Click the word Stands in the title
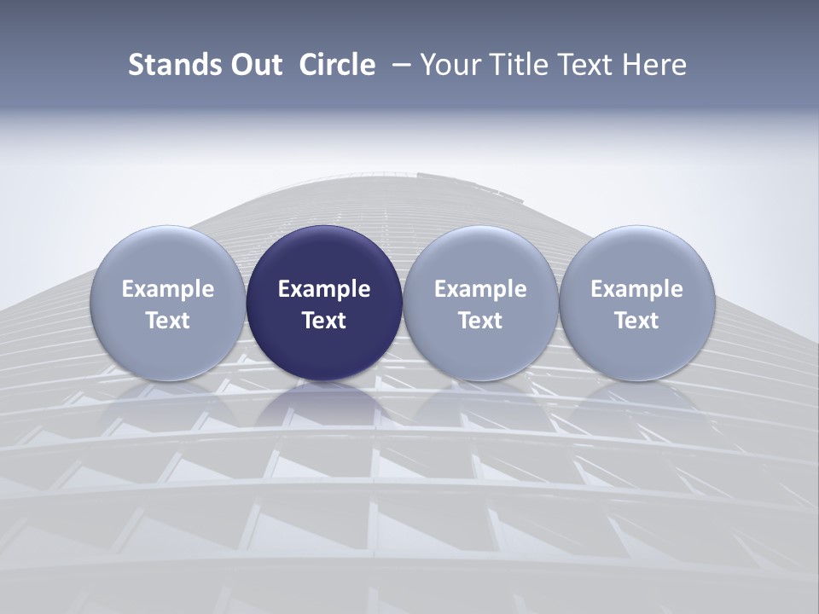coord(169,65)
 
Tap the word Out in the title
coord(254,65)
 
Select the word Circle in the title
coord(337,65)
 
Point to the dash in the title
coord(398,65)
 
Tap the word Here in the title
coord(655,65)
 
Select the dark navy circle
coord(324,256)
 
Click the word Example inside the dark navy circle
coord(324,289)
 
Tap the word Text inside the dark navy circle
coord(324,321)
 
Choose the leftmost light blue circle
coord(168,256)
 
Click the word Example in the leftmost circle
coord(168,289)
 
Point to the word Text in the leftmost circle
coord(168,321)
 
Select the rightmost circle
coord(637,256)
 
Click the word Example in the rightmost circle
coord(637,289)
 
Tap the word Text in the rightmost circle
coord(637,321)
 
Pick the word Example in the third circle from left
coord(480,289)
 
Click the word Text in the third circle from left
coord(480,321)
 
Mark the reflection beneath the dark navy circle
coord(324,401)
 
